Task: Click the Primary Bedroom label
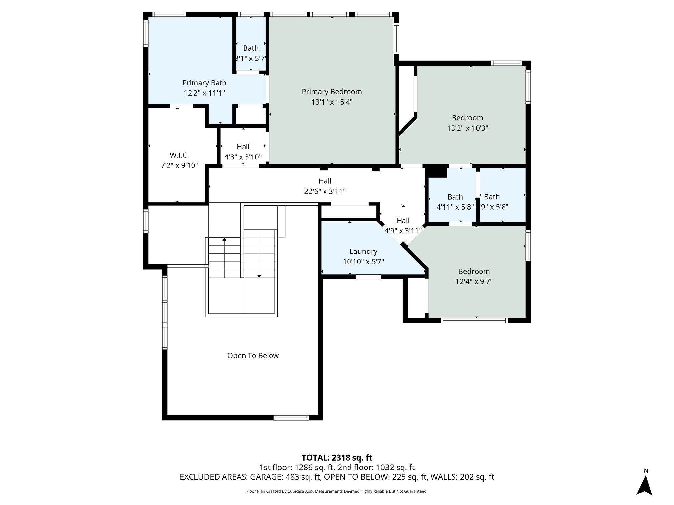pyautogui.click(x=332, y=92)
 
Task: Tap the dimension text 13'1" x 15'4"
pyautogui.click(x=332, y=102)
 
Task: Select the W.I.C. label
pyautogui.click(x=179, y=155)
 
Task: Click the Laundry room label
pyautogui.click(x=363, y=252)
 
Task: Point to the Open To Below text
pyautogui.click(x=253, y=356)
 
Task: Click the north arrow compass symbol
pyautogui.click(x=644, y=485)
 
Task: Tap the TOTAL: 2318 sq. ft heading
pyautogui.click(x=337, y=458)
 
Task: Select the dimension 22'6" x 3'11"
pyautogui.click(x=325, y=191)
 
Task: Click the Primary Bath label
pyautogui.click(x=204, y=83)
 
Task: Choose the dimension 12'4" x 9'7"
pyautogui.click(x=474, y=282)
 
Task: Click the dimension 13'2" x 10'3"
pyautogui.click(x=467, y=128)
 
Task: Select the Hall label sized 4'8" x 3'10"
pyautogui.click(x=243, y=147)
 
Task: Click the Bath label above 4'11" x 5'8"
pyautogui.click(x=455, y=197)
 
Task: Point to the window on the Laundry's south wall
pyautogui.click(x=369, y=277)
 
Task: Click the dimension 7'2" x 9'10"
pyautogui.click(x=179, y=165)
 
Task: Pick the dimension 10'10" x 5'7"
pyautogui.click(x=363, y=262)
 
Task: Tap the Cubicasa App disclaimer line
pyautogui.click(x=337, y=491)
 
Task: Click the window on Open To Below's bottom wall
pyautogui.click(x=291, y=418)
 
